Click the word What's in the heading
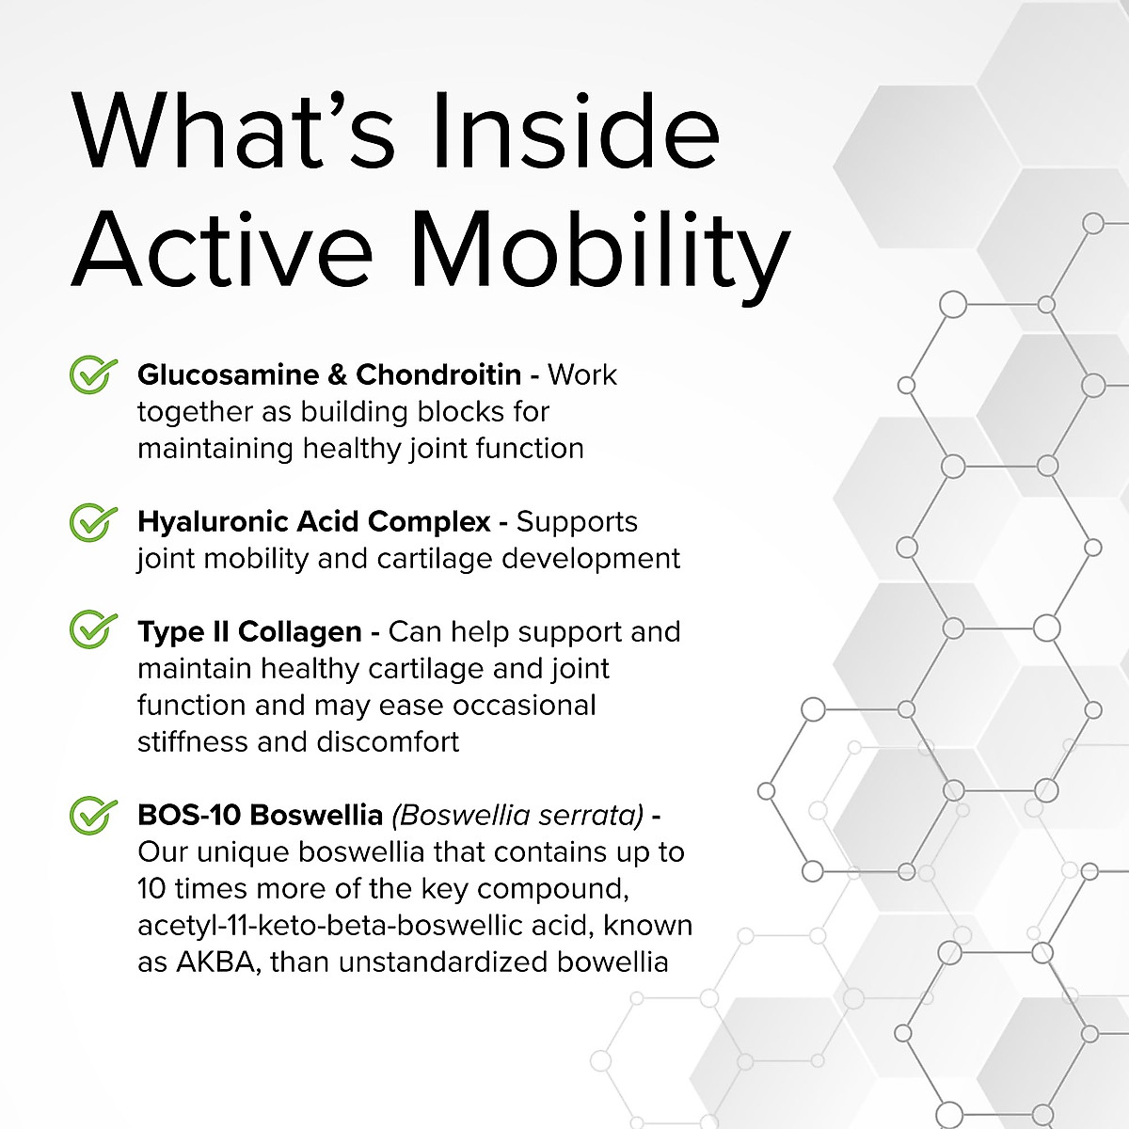tap(233, 131)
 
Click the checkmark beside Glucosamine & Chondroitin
tap(92, 374)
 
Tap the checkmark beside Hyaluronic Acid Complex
tap(92, 521)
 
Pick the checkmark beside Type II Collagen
tap(92, 629)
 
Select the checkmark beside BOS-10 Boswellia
tap(92, 815)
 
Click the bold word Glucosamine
tap(229, 375)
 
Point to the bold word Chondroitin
tap(438, 375)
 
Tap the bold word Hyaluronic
tap(213, 522)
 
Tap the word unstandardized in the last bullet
tap(442, 962)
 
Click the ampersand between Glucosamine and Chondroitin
tap(338, 375)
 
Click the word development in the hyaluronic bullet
tap(591, 559)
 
